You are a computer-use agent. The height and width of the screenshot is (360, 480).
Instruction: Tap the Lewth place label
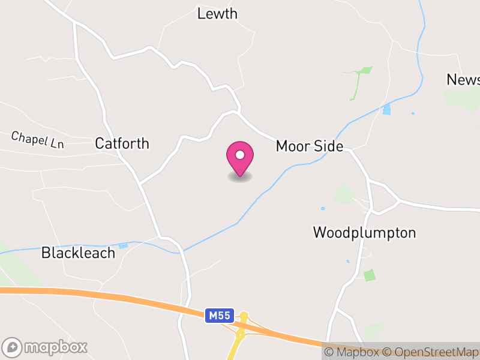pos(217,14)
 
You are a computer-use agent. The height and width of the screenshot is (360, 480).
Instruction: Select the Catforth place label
pos(122,144)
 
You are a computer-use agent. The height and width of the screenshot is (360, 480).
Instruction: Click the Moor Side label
pos(309,146)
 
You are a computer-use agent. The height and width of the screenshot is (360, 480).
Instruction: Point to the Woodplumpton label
pos(364,233)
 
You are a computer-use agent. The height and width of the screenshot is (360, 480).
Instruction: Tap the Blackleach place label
pos(78,253)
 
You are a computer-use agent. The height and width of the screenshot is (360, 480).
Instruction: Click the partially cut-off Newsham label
pos(463,80)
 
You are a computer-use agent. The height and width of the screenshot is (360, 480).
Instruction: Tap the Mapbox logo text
pos(56,347)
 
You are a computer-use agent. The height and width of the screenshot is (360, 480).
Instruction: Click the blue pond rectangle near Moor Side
pos(386,110)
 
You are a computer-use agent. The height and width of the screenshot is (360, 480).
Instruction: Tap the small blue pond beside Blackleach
pos(124,245)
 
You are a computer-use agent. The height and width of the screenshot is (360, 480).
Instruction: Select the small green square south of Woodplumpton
pos(370,275)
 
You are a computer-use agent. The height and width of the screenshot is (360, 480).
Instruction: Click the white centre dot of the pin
pos(240,155)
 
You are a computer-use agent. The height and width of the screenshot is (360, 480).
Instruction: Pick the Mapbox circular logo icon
pos(13,347)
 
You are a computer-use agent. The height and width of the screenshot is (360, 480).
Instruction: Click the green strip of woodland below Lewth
pos(357,81)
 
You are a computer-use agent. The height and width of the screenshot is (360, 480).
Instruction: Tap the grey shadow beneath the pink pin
pos(240,177)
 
